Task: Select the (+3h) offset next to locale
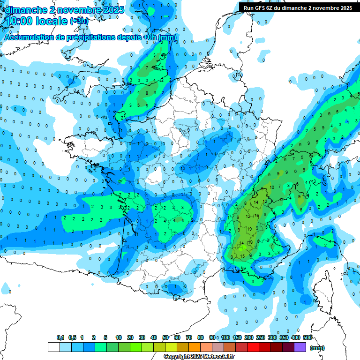(x=78, y=22)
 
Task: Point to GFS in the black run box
(x=260, y=8)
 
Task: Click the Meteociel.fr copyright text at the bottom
(x=199, y=357)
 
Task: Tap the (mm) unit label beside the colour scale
(x=317, y=348)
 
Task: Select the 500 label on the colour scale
(x=307, y=337)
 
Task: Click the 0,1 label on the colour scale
(x=60, y=337)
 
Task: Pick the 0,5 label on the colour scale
(x=72, y=337)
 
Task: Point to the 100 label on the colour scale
(x=225, y=337)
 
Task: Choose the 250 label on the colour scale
(x=261, y=337)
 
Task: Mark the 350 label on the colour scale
(x=284, y=337)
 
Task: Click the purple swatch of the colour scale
(x=300, y=347)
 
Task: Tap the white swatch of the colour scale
(x=53, y=347)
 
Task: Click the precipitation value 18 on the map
(x=250, y=242)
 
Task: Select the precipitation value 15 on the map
(x=242, y=256)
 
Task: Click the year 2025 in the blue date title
(x=114, y=10)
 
